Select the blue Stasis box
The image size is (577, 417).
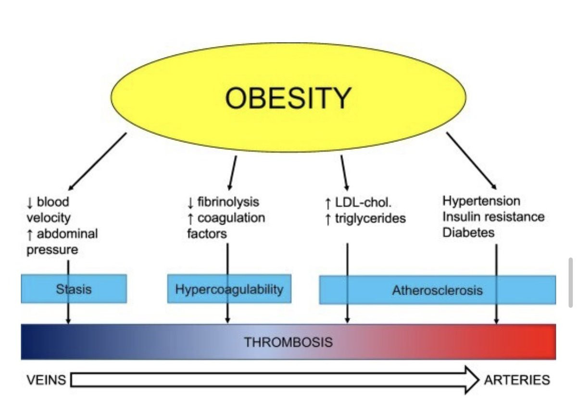click(74, 289)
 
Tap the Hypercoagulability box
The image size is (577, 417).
click(229, 289)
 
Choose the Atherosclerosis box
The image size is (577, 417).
click(437, 290)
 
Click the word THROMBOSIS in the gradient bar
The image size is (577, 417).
click(288, 342)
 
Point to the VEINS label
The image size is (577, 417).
click(47, 380)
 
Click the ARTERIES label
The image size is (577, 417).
click(517, 380)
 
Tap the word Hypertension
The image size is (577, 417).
click(481, 200)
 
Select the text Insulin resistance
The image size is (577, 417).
click(493, 216)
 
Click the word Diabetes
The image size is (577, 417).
click(468, 232)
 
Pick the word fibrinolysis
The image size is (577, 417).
click(228, 202)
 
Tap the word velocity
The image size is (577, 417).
click(48, 217)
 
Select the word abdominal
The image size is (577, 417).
click(67, 234)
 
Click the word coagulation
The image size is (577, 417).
click(231, 218)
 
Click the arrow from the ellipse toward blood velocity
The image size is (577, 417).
click(99, 161)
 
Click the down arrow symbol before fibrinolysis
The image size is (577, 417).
click(191, 202)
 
